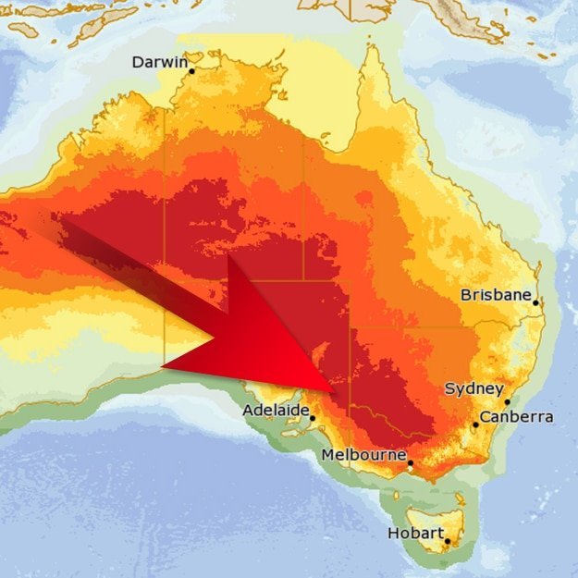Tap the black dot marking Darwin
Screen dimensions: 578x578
tap(192, 71)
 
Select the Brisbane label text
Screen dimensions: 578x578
tap(496, 296)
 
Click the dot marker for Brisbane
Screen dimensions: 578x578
tap(535, 302)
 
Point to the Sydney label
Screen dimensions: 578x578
tap(473, 389)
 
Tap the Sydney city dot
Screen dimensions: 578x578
tap(507, 401)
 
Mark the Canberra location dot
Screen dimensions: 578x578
tap(475, 424)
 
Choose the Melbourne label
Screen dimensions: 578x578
tap(363, 455)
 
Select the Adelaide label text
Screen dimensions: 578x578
tap(275, 410)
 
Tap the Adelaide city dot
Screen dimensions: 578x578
tap(313, 418)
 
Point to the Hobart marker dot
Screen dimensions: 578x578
tap(447, 541)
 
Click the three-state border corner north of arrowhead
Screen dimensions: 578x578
tap(303, 278)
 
